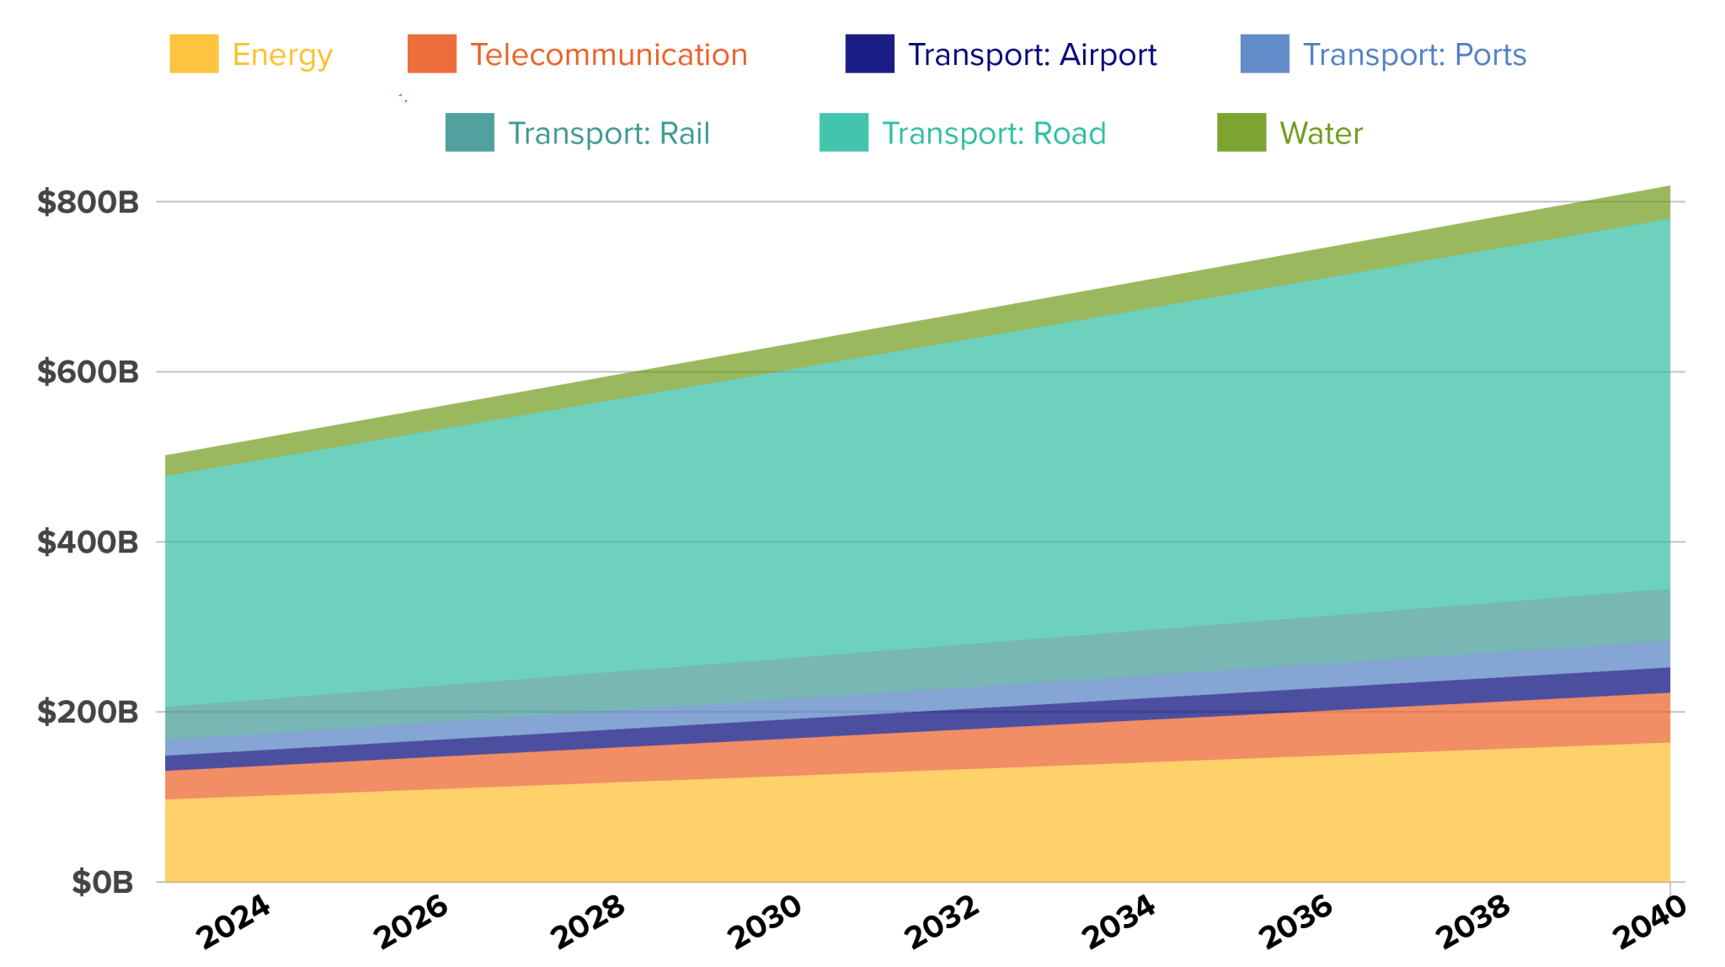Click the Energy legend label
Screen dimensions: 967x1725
click(x=282, y=55)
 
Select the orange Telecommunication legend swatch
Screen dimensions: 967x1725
click(x=432, y=54)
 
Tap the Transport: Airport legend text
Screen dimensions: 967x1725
click(x=1032, y=55)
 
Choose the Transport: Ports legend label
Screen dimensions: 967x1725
click(x=1414, y=55)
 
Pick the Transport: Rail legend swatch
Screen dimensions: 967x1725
click(x=469, y=133)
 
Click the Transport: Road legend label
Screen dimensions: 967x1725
click(x=994, y=133)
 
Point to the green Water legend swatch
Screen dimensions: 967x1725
click(x=1242, y=133)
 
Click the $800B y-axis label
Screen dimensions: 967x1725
click(x=88, y=202)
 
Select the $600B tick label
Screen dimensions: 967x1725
click(x=88, y=372)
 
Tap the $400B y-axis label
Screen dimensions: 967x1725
click(x=88, y=542)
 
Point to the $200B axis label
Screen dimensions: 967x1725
click(x=88, y=713)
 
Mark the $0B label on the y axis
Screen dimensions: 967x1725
click(x=103, y=883)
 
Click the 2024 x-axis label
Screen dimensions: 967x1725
click(x=233, y=922)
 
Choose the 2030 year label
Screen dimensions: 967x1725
click(x=765, y=922)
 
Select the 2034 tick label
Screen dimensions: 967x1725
click(x=1119, y=922)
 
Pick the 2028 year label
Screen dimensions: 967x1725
click(x=588, y=922)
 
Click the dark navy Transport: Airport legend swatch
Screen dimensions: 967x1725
click(x=869, y=54)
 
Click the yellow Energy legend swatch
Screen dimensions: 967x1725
click(x=194, y=54)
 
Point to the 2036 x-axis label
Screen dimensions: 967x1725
click(x=1295, y=922)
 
